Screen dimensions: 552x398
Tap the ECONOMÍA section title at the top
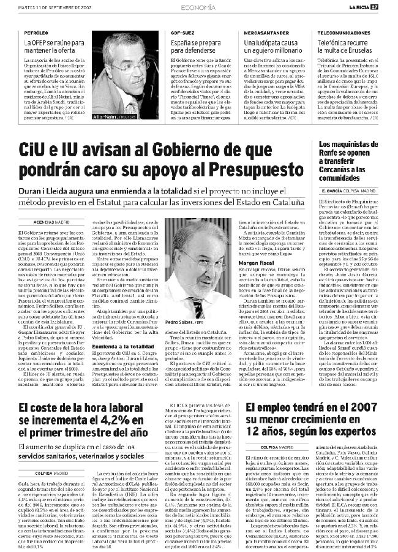pos(198,7)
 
